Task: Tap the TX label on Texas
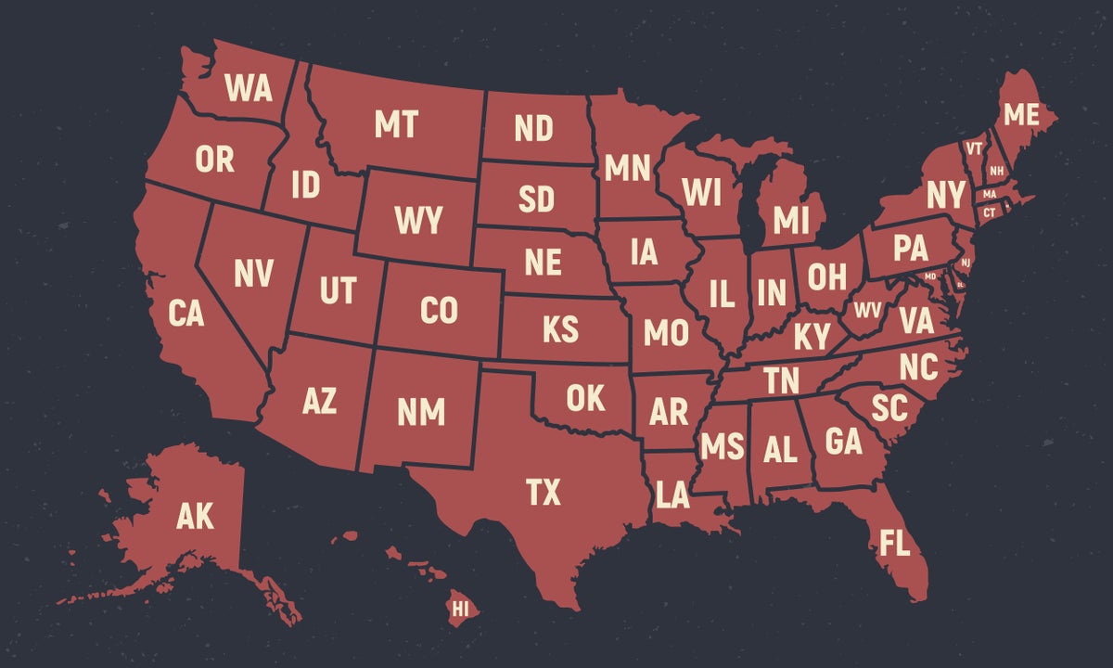[544, 492]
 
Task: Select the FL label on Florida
[895, 544]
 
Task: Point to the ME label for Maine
[1021, 115]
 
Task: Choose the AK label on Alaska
[195, 517]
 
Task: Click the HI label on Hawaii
[459, 609]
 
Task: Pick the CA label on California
[186, 314]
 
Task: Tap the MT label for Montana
[396, 124]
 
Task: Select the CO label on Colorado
[439, 311]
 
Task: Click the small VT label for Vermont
[974, 148]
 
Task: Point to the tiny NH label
[996, 171]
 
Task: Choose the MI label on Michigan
[791, 221]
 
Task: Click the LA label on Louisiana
[672, 495]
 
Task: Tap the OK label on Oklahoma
[585, 398]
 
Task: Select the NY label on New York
[945, 196]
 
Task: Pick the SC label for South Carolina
[888, 405]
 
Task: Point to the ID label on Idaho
[305, 185]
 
